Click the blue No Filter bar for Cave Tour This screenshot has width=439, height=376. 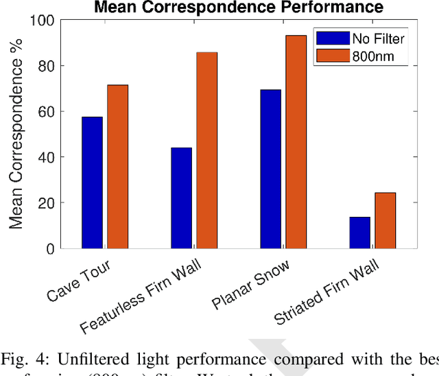[x=92, y=183]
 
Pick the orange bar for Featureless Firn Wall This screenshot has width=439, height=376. [x=206, y=150]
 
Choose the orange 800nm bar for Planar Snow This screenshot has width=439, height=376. [x=296, y=142]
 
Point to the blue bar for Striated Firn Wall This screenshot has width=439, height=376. [x=359, y=233]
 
